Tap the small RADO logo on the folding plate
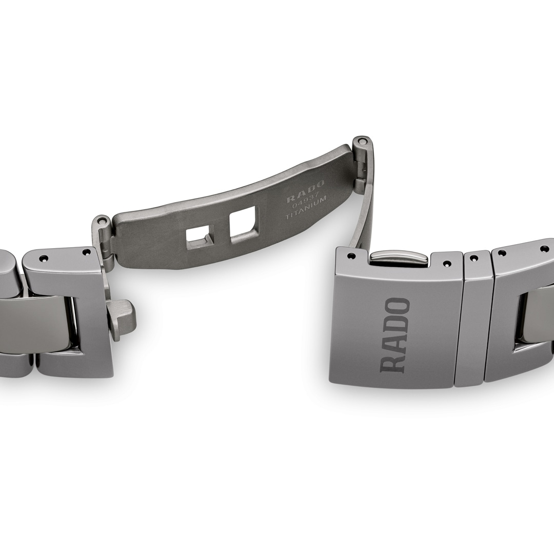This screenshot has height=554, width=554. [x=306, y=190]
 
